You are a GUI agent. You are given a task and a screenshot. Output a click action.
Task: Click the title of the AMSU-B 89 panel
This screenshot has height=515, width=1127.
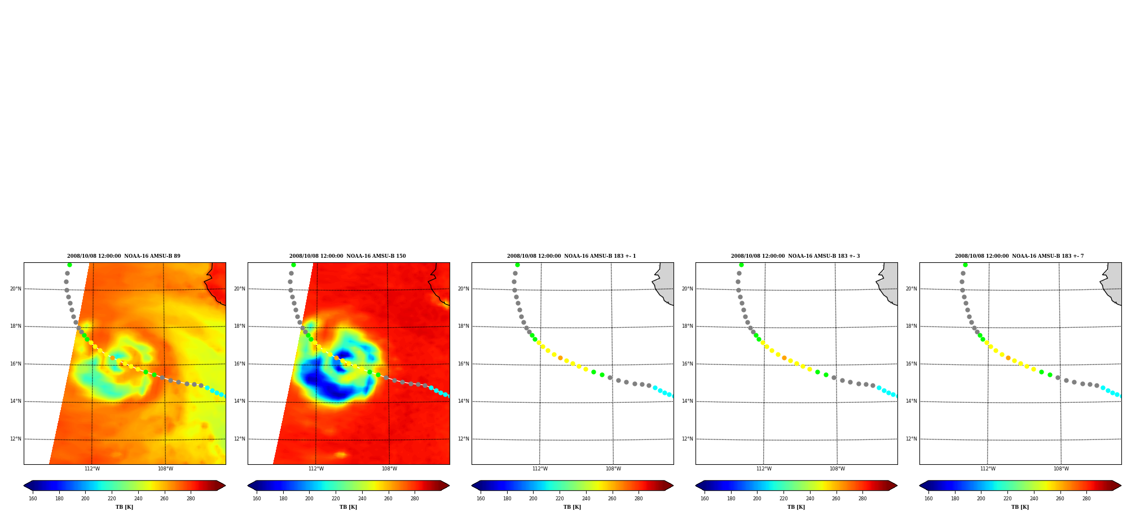124,256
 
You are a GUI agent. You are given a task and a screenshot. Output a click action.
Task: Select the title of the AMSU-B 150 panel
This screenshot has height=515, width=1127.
347,256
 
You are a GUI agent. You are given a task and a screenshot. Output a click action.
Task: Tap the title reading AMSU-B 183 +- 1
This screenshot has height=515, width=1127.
571,256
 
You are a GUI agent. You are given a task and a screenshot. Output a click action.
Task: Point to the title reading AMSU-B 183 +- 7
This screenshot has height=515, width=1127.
1019,256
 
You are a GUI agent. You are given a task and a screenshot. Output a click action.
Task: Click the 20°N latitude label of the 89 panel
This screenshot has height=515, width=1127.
16,289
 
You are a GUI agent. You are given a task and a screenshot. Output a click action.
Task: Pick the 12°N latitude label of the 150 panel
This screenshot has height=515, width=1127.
240,439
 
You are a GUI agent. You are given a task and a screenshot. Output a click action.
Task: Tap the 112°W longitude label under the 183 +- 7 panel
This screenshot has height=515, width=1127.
988,469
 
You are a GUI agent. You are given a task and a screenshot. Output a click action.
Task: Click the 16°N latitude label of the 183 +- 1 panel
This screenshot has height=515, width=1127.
464,364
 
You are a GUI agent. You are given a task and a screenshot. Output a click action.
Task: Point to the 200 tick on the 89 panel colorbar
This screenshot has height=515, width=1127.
85,499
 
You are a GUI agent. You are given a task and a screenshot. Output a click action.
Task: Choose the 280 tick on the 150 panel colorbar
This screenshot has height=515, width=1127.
415,499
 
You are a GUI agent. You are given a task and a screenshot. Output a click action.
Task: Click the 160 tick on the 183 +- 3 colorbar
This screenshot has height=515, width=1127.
705,499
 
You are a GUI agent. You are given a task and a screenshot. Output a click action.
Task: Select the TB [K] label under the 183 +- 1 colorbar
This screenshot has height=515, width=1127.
572,507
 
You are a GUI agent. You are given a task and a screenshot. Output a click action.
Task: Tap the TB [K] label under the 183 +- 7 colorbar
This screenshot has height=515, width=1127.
1020,507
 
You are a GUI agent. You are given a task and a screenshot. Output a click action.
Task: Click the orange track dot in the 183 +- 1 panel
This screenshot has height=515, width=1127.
560,358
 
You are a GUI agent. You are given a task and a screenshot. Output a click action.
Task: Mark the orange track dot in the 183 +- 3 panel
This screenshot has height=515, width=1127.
784,358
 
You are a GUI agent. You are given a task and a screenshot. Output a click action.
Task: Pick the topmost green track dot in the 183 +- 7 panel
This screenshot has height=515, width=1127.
965,265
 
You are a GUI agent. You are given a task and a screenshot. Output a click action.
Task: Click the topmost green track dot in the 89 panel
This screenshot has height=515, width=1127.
69,265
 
